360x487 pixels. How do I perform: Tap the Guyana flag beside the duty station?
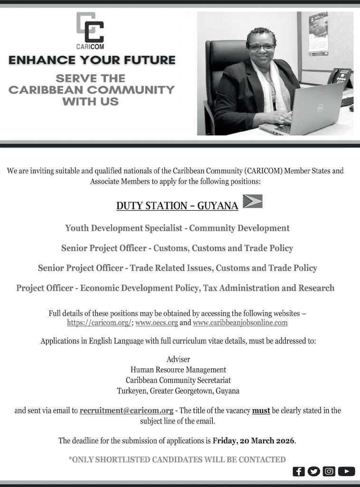click(252, 201)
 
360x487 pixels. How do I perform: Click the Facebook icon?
click(299, 471)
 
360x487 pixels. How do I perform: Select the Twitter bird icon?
click(313, 471)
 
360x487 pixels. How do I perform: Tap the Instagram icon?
click(329, 471)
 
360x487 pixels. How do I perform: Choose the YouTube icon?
click(346, 471)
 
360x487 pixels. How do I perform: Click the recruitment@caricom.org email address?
click(126, 411)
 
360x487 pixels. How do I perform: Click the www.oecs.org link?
click(156, 323)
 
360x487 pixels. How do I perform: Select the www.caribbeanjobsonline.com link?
click(240, 323)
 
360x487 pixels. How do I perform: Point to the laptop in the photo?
click(309, 109)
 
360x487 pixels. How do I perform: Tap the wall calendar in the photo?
click(318, 33)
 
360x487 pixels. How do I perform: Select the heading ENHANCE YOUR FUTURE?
click(92, 60)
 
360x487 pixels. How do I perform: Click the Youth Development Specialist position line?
click(177, 228)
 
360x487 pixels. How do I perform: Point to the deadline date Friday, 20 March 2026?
click(254, 440)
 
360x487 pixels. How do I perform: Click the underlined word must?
click(261, 411)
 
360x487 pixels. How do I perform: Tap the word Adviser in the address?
click(178, 359)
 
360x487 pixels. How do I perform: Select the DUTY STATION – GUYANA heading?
click(177, 206)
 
